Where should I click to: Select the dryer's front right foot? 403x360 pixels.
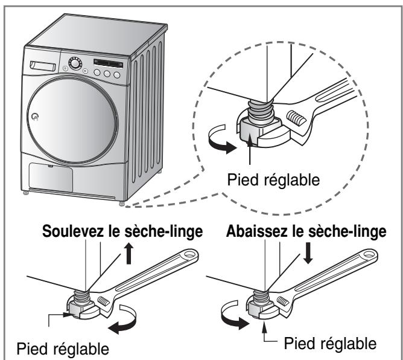123,204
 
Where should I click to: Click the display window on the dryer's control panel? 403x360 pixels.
109,62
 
